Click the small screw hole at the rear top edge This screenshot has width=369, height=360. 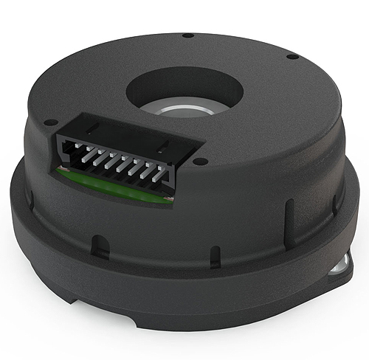187,35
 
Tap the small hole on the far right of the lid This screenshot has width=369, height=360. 293,55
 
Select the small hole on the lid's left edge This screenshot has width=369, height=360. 49,123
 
